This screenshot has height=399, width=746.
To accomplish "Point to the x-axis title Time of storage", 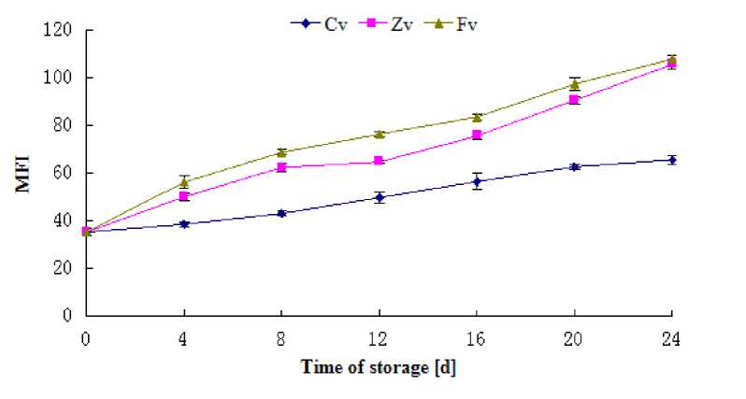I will [379, 367].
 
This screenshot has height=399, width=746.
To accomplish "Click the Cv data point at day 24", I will [671, 160].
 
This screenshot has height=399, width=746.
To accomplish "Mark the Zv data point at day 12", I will [379, 161].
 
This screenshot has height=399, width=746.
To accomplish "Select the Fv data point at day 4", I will [184, 182].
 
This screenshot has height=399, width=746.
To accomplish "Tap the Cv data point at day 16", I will [477, 181].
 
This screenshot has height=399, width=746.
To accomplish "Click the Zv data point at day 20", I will [574, 99].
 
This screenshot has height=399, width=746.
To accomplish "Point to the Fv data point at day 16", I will [477, 117].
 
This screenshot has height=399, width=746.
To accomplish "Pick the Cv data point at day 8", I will [281, 213].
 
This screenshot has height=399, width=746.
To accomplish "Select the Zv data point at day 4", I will [184, 196].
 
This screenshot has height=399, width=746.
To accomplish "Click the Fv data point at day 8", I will [281, 151].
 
